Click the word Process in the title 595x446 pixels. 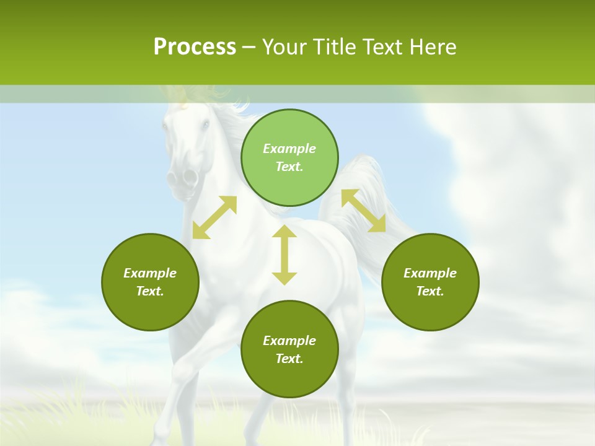click(x=195, y=47)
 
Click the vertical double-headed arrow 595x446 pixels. click(x=284, y=255)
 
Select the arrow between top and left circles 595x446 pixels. click(x=214, y=217)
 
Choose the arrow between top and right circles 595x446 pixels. click(x=363, y=211)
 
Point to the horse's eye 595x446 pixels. click(x=205, y=125)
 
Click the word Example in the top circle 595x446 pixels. click(x=289, y=149)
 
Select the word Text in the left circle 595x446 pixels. click(x=150, y=291)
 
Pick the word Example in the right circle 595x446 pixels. click(x=430, y=273)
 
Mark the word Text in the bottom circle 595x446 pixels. click(x=289, y=359)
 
